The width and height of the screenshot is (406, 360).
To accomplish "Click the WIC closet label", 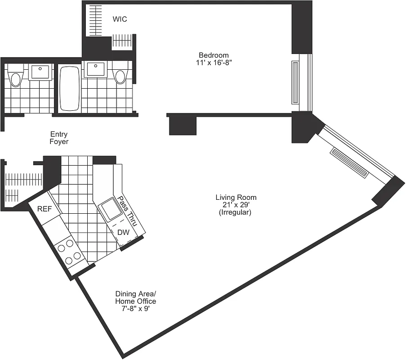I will point(120,19).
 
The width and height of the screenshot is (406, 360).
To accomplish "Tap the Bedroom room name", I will point(214,55).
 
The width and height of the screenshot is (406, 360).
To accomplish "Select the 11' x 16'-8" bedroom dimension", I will point(214,63).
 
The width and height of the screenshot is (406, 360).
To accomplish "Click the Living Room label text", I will point(236,197).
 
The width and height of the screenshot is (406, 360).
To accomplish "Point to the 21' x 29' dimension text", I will point(236,205).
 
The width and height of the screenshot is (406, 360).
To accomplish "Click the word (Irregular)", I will point(236,212).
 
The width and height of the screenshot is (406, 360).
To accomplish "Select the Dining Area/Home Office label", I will point(135,297).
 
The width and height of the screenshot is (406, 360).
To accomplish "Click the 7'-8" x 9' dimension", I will point(135,309).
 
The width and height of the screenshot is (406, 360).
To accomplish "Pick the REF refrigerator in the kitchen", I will point(44,209).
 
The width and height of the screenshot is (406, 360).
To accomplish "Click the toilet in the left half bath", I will point(16,76).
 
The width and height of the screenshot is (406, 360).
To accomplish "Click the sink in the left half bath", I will point(40,71).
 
